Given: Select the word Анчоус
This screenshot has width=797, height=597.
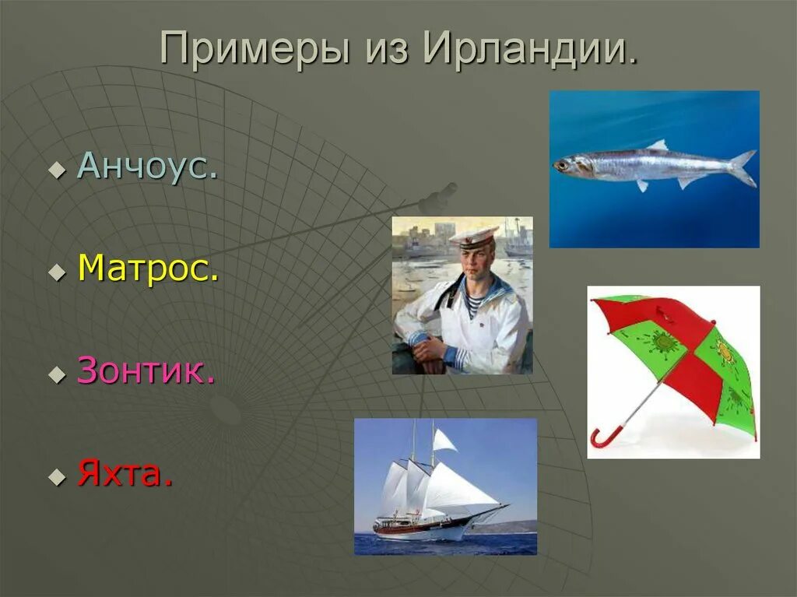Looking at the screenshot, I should coord(146,167).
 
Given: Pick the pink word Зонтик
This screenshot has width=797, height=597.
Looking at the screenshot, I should coord(146,372).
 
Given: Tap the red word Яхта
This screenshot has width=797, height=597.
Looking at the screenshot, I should coord(125,472).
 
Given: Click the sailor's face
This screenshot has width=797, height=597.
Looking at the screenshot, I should coord(475,262).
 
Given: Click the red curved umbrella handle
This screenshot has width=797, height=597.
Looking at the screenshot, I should coord(602,437).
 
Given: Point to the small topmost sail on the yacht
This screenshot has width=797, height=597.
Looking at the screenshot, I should coord(444,441).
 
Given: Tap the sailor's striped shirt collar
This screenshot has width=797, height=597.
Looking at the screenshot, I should coord(472,304).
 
